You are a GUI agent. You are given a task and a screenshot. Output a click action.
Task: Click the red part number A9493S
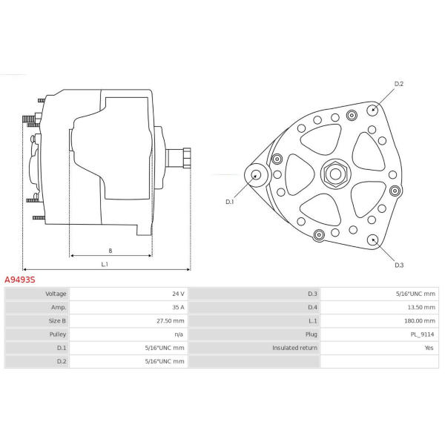coord(20,280)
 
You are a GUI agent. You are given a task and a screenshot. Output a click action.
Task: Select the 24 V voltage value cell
coord(178,294)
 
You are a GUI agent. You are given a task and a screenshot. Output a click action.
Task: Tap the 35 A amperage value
coord(178,307)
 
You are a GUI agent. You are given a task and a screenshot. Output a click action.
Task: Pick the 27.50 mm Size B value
coord(171,320)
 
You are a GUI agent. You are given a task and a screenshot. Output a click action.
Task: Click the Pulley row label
coord(58,334)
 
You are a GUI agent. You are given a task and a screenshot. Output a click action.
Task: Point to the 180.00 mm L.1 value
coord(420,320)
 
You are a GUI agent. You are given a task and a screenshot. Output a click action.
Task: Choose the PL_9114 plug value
coord(422,334)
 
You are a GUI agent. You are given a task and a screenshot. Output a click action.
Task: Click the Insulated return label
coord(294,348)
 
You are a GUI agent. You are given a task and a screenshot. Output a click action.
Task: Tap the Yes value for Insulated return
coord(429,348)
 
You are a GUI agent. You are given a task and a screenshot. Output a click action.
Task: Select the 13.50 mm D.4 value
coord(421,307)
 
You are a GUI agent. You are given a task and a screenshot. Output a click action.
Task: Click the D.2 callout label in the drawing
coord(398,84)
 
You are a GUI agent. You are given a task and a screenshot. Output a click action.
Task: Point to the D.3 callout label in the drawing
coord(399,265)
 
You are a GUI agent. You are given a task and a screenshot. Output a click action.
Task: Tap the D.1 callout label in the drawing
coord(229,202)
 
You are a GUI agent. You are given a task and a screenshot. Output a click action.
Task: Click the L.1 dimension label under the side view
coord(105,264)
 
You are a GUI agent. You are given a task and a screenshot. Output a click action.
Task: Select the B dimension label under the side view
coord(110,251)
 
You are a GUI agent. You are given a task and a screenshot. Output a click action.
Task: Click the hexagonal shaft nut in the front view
coord(335,174)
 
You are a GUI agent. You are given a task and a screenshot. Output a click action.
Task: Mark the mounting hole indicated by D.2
coord(372,110)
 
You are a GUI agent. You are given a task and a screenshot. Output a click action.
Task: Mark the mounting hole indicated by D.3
coord(372,240)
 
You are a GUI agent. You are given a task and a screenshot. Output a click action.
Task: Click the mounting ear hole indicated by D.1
coord(257,175)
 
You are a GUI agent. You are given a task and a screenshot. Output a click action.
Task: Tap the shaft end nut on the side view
coord(187,158)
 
